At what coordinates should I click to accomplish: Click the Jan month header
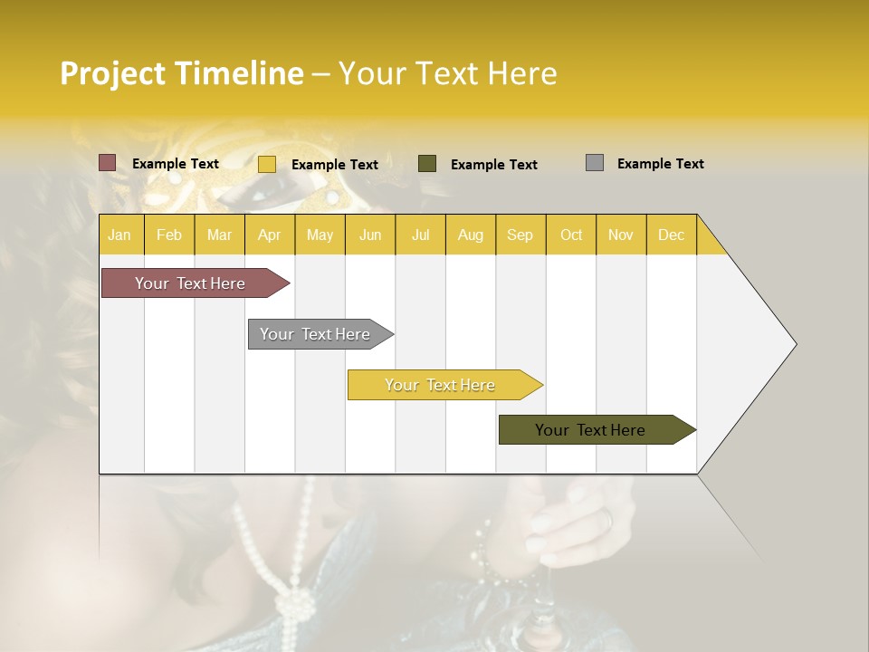120,235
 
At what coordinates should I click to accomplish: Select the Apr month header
270,235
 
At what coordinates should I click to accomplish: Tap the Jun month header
370,235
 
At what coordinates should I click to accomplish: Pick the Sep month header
520,235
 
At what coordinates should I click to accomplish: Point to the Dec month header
671,235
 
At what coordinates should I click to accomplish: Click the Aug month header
470,235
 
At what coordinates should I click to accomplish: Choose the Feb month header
169,235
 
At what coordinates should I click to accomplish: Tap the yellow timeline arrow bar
441,385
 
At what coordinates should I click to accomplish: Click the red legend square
108,163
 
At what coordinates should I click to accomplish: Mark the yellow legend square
267,164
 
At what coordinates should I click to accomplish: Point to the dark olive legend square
427,164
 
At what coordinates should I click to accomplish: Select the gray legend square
595,163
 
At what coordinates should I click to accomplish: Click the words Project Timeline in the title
182,73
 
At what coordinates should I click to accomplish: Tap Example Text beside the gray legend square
660,164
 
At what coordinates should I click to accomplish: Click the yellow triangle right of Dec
709,242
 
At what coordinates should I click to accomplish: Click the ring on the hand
606,519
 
